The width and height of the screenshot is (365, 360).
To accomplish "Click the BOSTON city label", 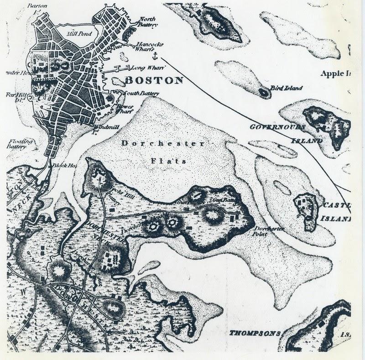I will [153, 81].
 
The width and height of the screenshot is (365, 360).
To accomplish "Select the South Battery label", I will [140, 94].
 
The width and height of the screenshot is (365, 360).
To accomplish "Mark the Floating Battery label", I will [14, 144].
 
